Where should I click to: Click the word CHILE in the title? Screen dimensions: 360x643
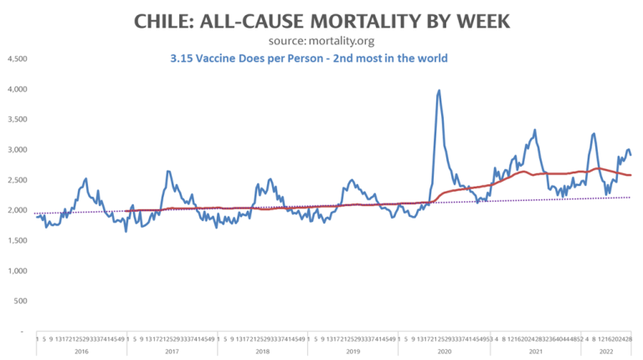pyautogui.click(x=164, y=20)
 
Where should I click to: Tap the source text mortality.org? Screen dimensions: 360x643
pyautogui.click(x=345, y=40)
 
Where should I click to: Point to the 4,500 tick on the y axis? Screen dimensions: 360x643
pyautogui.click(x=17, y=59)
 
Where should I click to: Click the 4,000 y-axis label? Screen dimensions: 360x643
pyautogui.click(x=17, y=89)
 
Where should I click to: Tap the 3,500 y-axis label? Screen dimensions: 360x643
pyautogui.click(x=17, y=119)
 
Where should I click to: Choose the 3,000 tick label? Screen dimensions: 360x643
pyautogui.click(x=17, y=149)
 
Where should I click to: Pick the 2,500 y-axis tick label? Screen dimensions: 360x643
pyautogui.click(x=17, y=179)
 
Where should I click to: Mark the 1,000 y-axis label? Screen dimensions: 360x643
pyautogui.click(x=17, y=270)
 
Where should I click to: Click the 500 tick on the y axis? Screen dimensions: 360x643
pyautogui.click(x=19, y=301)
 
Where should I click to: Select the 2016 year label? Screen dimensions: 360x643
pyautogui.click(x=80, y=352)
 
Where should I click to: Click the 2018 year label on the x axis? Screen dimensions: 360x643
pyautogui.click(x=262, y=352)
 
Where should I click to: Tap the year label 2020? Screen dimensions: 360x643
pyautogui.click(x=444, y=352)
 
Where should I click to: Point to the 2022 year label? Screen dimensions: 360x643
pyautogui.click(x=605, y=352)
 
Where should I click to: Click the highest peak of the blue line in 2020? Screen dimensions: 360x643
pyautogui.click(x=440, y=90)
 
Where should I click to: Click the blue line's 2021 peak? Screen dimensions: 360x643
pyautogui.click(x=534, y=131)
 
